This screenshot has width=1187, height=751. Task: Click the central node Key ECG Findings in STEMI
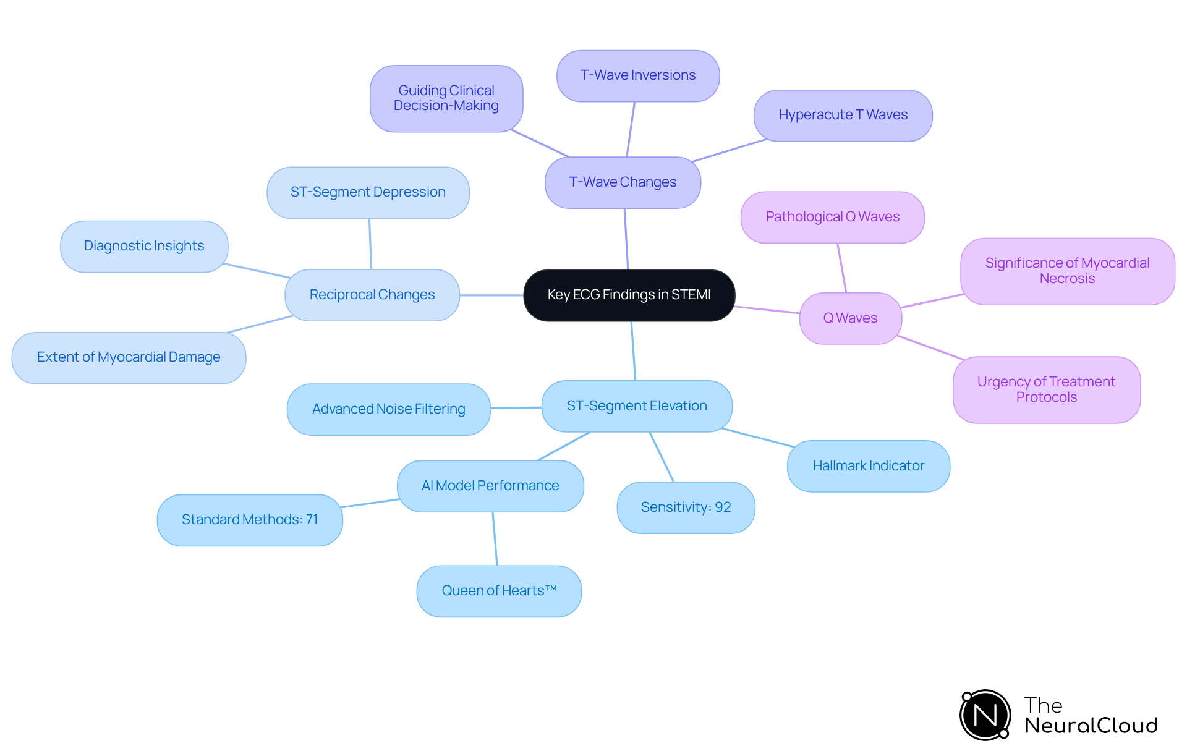point(629,295)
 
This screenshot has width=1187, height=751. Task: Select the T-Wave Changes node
point(623,182)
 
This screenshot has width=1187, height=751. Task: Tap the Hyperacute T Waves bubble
point(843,116)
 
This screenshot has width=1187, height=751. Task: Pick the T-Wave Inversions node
point(637,75)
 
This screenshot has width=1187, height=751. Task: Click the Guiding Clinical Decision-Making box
point(446,98)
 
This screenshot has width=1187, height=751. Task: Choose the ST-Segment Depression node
point(368,192)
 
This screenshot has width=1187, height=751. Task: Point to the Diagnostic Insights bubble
point(144,246)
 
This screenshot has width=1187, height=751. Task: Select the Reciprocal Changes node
point(372,295)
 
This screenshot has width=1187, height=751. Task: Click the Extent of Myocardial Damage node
point(129,357)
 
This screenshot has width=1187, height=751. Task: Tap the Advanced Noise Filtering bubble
point(388,409)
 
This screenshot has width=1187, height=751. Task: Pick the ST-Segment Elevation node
point(637,406)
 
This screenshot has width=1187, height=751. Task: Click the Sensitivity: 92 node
point(686,507)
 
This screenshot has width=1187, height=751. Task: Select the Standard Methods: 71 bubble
point(250,520)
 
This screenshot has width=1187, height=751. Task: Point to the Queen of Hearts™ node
point(499,591)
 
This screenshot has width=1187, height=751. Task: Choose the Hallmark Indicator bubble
point(868,466)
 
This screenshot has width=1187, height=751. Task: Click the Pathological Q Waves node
point(832,217)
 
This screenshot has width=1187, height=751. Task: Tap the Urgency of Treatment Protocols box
point(1046,389)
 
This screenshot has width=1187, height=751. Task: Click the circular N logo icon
point(985,715)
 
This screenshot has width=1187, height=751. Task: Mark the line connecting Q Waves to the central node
point(767,310)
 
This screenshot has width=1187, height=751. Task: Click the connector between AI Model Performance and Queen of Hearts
point(495,538)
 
